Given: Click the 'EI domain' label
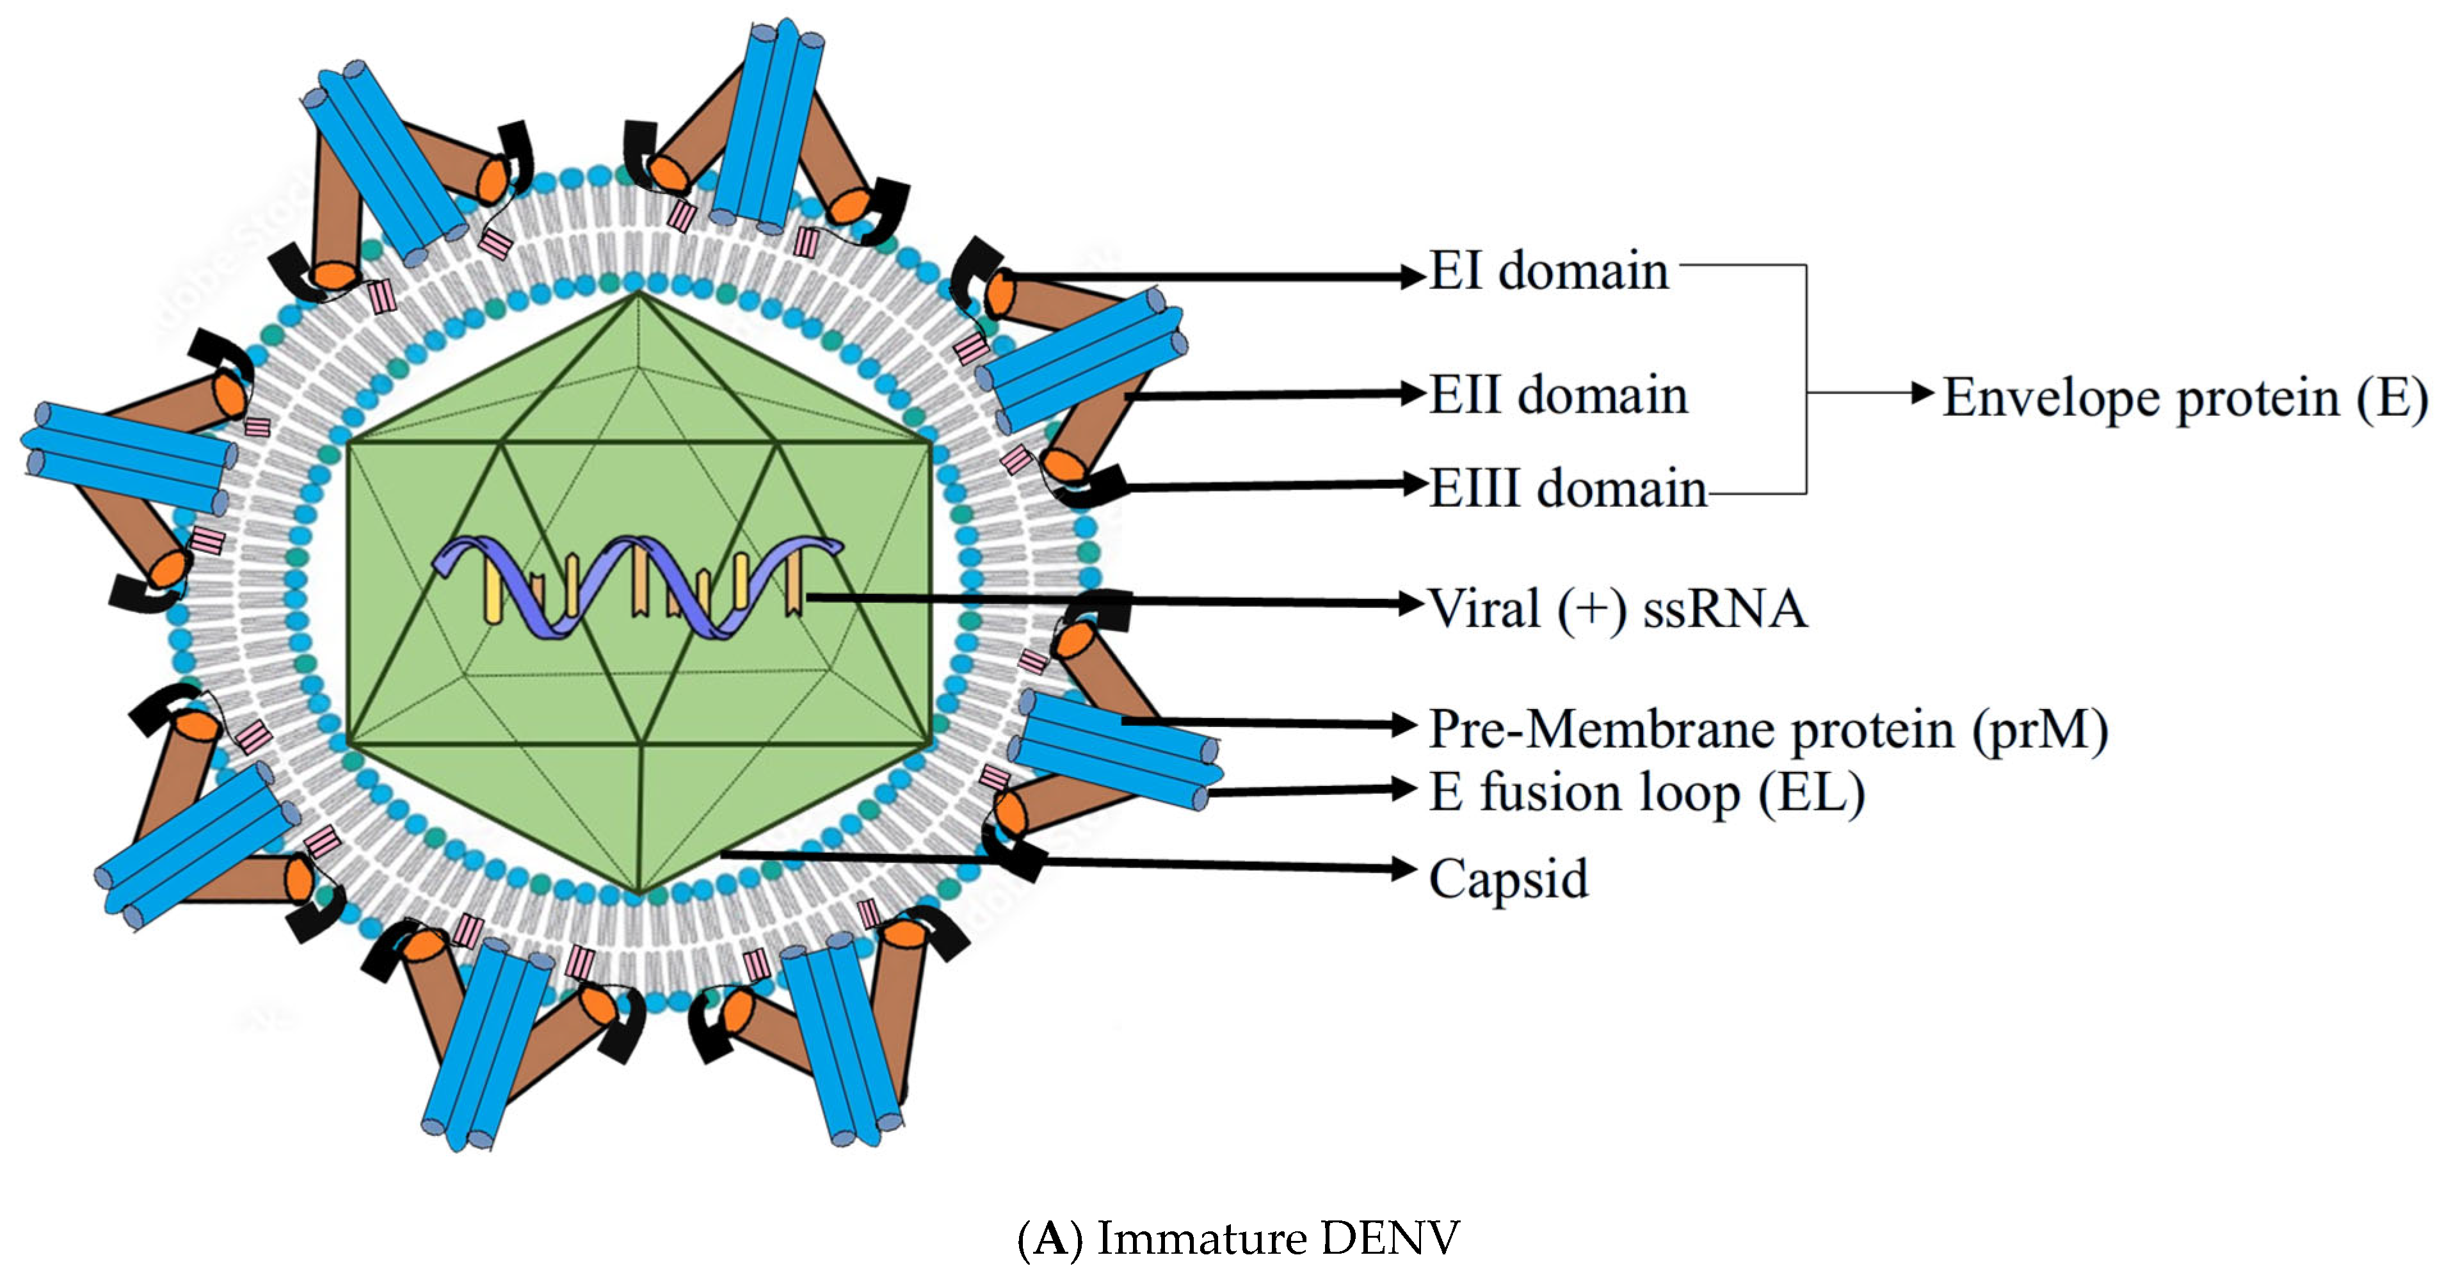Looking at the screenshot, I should pos(1548,272).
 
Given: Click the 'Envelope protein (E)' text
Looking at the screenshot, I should pos(2184,398).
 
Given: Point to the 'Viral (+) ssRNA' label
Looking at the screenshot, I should pos(1617,609).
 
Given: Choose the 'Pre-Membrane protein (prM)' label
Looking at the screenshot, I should pos(1769,730).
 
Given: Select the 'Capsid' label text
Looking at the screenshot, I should pos(1508,878).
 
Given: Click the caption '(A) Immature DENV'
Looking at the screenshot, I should pos(1238,1238).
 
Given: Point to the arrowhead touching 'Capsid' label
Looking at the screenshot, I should pos(1404,868).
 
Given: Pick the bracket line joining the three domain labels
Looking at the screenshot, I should pos(1805,380).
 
